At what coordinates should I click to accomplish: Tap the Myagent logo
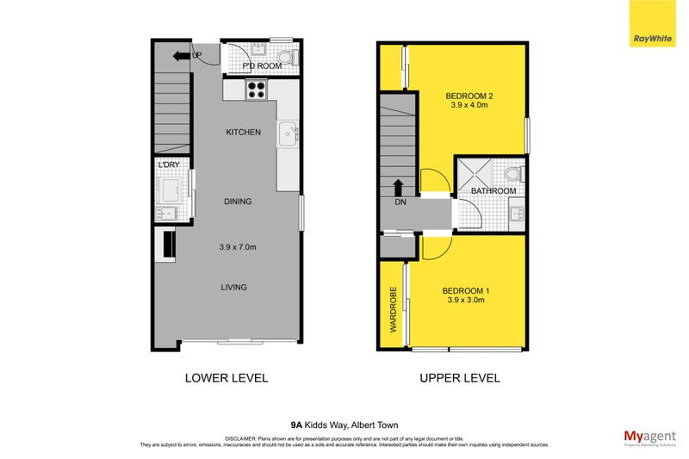pyautogui.click(x=648, y=437)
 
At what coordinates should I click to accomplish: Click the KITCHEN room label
pyautogui.click(x=243, y=133)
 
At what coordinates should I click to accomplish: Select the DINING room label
pyautogui.click(x=238, y=202)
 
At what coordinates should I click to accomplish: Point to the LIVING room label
pyautogui.click(x=233, y=288)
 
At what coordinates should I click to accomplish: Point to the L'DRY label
pyautogui.click(x=167, y=164)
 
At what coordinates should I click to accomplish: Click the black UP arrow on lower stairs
pyautogui.click(x=182, y=57)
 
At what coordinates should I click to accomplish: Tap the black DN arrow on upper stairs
pyautogui.click(x=398, y=187)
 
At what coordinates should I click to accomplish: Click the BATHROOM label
pyautogui.click(x=493, y=191)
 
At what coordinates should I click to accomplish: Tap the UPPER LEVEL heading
pyautogui.click(x=459, y=377)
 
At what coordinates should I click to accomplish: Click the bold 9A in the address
pyautogui.click(x=296, y=425)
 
